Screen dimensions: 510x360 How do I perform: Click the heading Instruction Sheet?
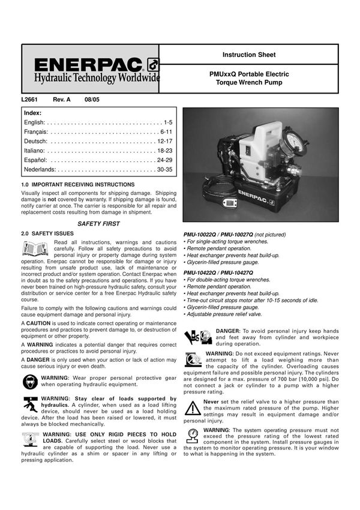[x=249, y=55]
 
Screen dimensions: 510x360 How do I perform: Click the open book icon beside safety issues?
[x=35, y=247]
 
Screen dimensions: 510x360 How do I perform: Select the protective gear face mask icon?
[x=29, y=381]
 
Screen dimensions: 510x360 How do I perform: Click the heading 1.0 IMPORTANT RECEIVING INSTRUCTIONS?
[x=78, y=184]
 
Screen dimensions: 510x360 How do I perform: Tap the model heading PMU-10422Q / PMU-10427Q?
[x=219, y=272]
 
